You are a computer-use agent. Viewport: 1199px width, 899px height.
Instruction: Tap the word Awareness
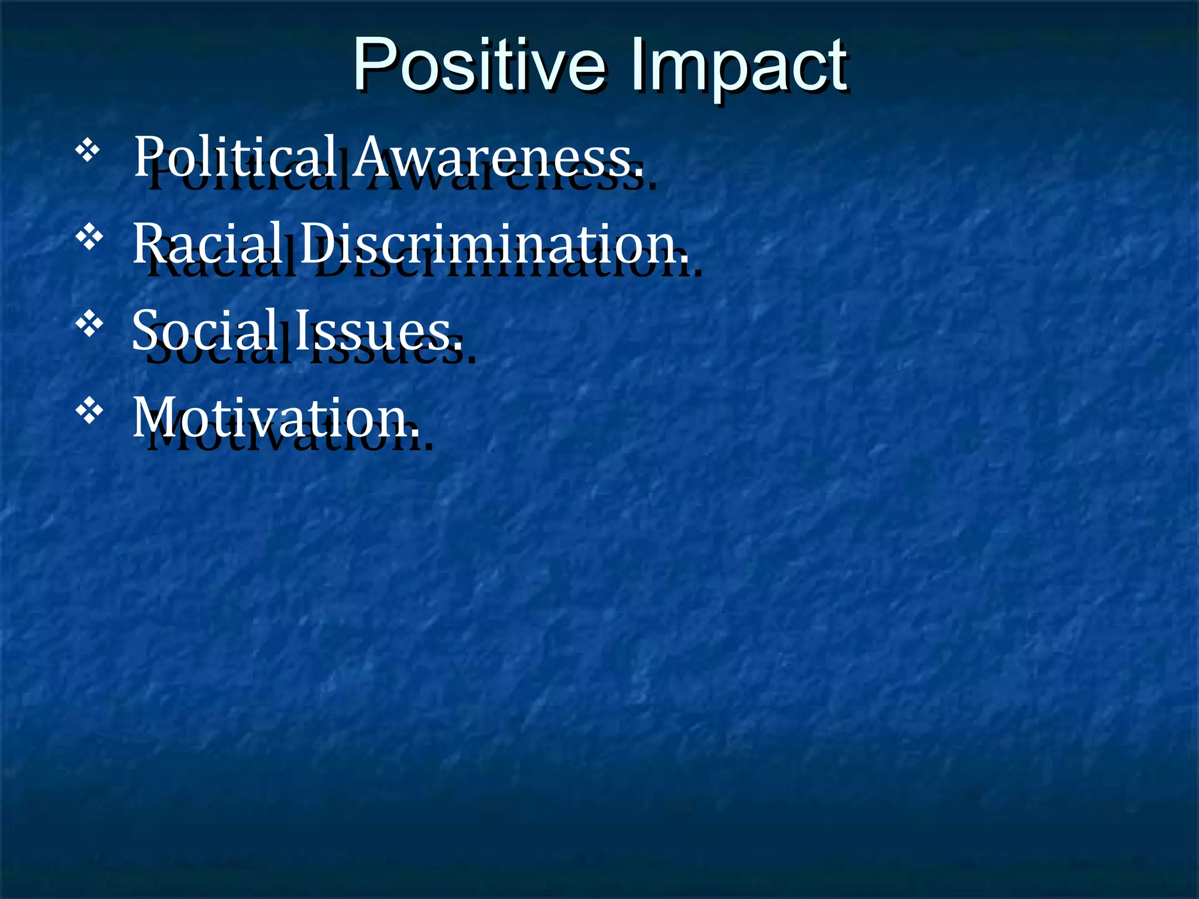pos(498,156)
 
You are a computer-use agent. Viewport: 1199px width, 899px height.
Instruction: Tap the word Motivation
pos(275,417)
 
